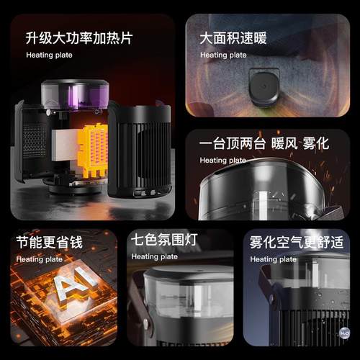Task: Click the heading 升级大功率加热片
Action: pos(79,37)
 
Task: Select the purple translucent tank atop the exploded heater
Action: pos(75,94)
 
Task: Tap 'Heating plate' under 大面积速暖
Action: pos(222,55)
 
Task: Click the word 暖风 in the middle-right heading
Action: pos(282,143)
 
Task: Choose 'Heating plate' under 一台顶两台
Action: pos(222,160)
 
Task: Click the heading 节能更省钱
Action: pos(49,242)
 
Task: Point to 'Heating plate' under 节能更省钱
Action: pos(39,258)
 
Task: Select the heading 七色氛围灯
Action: pos(164,239)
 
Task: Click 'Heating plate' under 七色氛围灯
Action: pos(154,256)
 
